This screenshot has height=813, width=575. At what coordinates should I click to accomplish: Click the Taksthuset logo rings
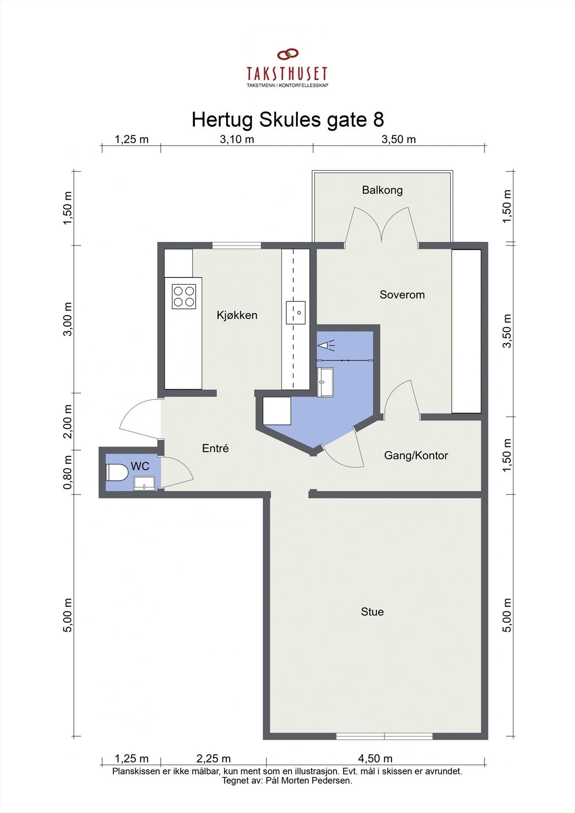tap(288, 54)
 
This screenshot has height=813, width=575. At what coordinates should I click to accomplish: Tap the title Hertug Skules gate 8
tap(288, 119)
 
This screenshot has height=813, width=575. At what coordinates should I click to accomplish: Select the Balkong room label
tap(382, 190)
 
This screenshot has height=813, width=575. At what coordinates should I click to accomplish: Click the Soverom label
tap(402, 294)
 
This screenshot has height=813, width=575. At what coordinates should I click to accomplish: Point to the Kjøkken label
tap(237, 315)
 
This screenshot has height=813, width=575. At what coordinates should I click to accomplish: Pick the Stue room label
tap(372, 612)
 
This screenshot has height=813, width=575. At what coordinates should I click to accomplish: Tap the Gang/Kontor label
tap(416, 455)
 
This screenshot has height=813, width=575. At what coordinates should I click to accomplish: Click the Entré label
tap(216, 448)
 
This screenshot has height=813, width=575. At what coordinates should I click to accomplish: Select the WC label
tap(140, 466)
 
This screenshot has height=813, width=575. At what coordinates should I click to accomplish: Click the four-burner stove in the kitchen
tap(184, 297)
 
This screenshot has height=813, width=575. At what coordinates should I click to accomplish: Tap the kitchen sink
tap(295, 312)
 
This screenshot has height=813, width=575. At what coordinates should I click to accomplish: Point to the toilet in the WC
tap(117, 473)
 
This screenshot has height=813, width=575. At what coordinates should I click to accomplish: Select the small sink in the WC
tap(144, 483)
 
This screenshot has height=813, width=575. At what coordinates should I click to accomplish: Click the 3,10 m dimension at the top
tap(237, 139)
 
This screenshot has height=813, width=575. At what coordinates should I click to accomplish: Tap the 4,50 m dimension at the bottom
tap(375, 758)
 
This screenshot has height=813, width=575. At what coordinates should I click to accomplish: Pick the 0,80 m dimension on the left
tap(68, 472)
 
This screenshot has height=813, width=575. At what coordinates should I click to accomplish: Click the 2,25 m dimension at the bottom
tap(214, 758)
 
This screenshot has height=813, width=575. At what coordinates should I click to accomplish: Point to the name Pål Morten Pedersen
tap(309, 780)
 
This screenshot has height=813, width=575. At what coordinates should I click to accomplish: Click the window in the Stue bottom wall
tap(384, 736)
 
